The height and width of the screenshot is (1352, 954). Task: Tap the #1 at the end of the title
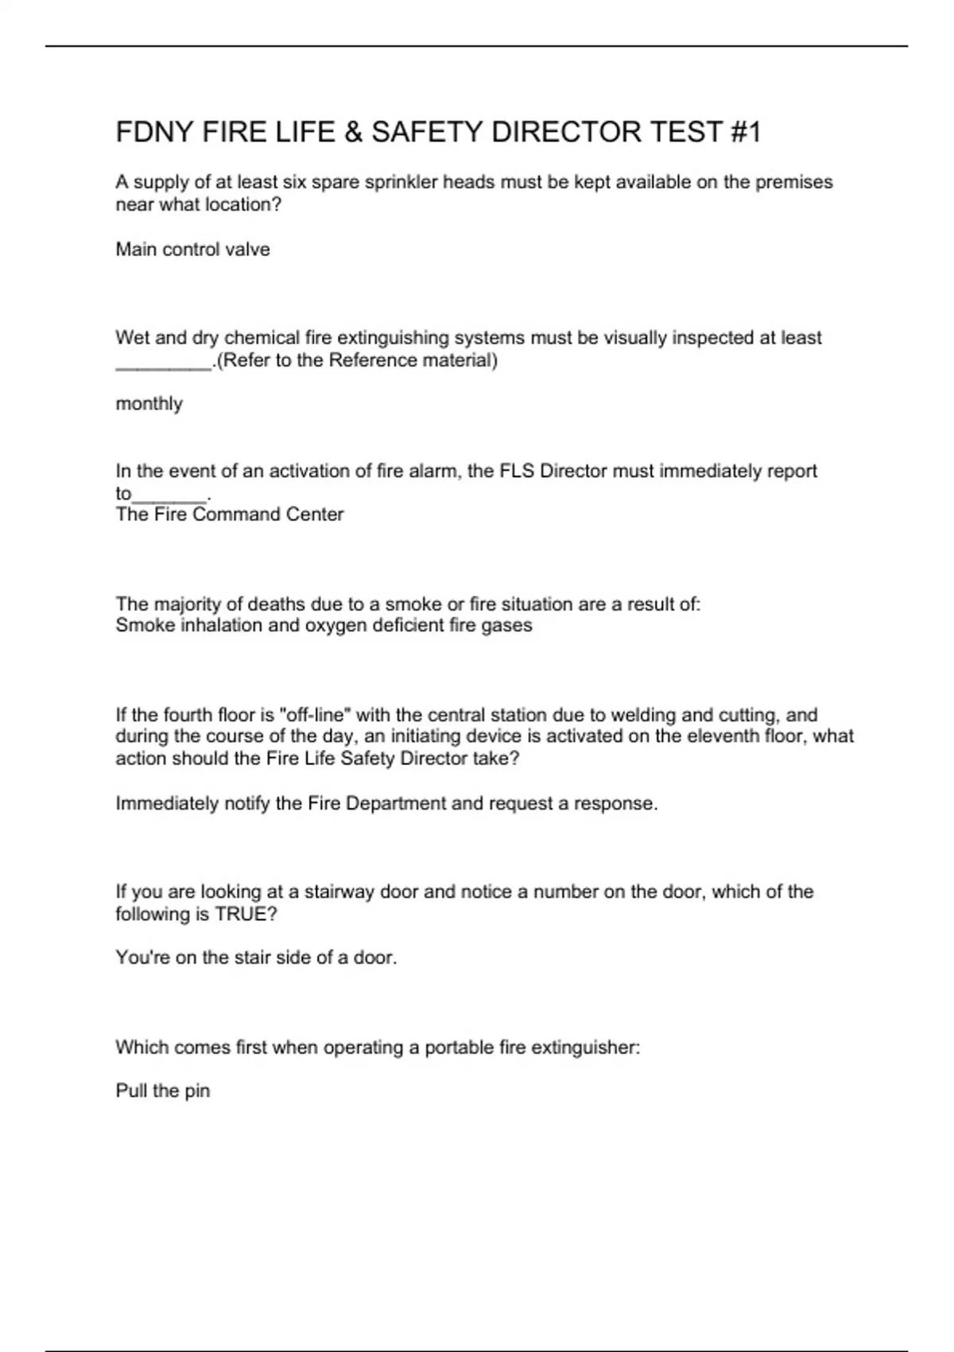744,132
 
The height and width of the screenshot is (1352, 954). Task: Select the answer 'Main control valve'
193,250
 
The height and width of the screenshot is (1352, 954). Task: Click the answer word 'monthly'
149,404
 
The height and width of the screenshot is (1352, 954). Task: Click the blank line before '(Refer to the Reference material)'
164,363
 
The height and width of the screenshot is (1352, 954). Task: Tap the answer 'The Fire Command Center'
230,515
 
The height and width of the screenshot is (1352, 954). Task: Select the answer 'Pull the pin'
163,1090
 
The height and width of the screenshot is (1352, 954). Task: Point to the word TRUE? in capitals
246,915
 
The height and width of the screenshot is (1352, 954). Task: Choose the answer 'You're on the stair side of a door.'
256,958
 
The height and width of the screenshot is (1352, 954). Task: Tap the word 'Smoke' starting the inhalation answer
145,625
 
